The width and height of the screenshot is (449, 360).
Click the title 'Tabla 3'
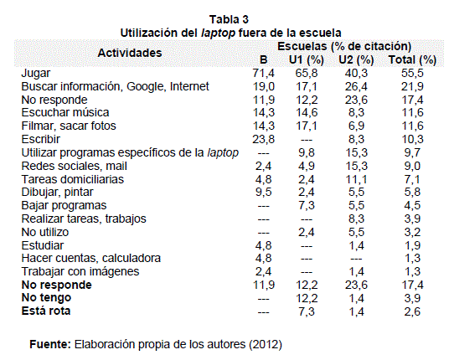229,19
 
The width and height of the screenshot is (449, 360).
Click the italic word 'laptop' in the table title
218,33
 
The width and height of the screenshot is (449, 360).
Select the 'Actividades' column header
130,53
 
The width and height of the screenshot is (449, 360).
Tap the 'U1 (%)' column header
307,59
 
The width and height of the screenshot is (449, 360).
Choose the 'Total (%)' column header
412,59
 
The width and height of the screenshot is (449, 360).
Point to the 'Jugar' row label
36,74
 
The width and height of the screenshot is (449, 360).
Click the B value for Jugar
263,74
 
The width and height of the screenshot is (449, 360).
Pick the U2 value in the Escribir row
357,139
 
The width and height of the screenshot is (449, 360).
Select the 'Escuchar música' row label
65,112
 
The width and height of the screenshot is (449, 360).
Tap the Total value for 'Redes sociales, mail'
412,166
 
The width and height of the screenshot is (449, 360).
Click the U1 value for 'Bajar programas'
307,205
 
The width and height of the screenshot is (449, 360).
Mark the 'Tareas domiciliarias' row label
73,179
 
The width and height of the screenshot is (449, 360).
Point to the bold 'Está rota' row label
46,311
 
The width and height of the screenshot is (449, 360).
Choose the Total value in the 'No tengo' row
412,299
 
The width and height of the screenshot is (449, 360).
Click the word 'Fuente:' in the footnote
50,344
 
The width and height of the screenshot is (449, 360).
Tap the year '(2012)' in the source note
266,344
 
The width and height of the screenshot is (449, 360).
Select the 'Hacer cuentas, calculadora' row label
91,258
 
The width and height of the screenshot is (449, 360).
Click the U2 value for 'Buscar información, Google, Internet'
357,86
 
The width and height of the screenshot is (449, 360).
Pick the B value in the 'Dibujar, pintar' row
263,192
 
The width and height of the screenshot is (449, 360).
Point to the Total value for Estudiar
412,245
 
